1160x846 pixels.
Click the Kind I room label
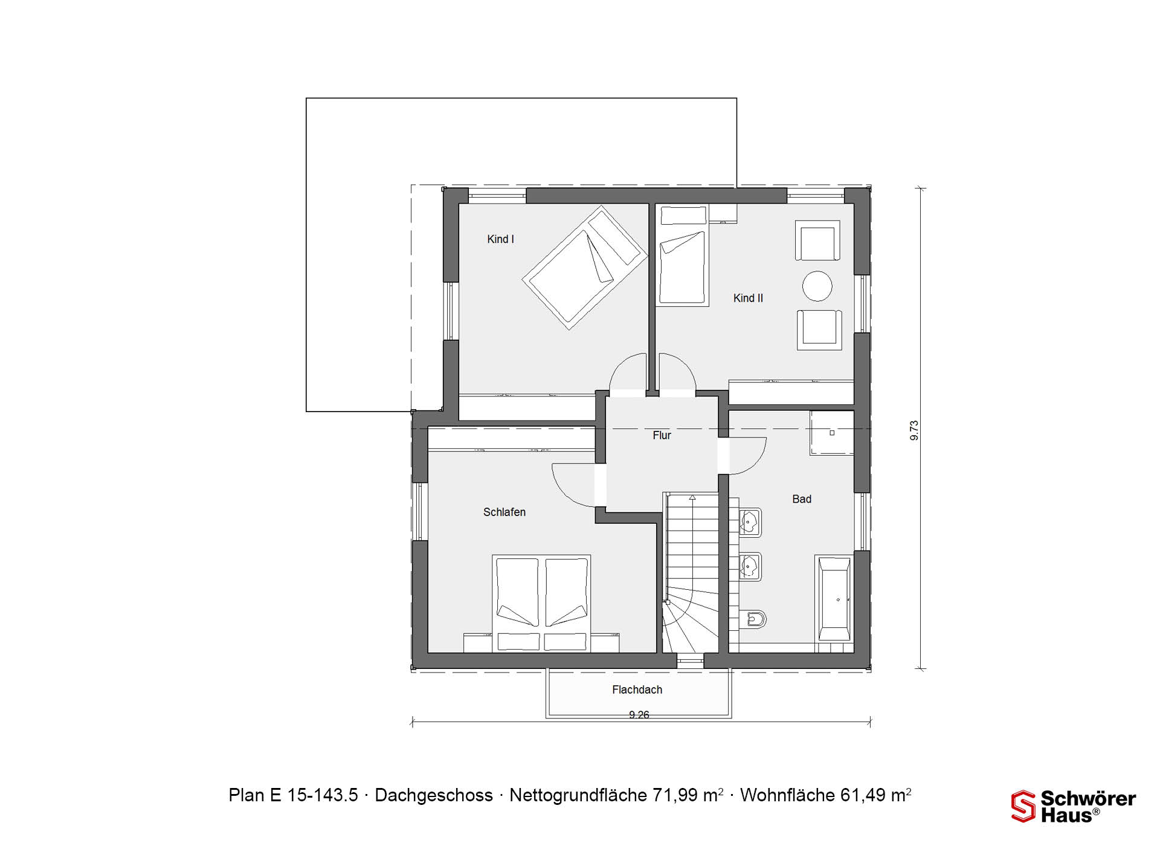pos(500,239)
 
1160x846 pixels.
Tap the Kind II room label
pos(748,298)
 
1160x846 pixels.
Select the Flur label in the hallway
pos(662,435)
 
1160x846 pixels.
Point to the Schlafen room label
pos(504,512)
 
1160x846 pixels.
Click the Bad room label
pos(802,499)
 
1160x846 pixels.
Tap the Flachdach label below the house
pos(637,689)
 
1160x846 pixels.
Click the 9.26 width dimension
pos(639,715)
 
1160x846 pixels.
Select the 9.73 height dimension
pos(914,430)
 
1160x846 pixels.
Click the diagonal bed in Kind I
pos(585,268)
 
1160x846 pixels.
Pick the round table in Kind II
pos(817,286)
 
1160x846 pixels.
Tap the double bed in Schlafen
pos(541,604)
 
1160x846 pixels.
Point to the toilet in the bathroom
pos(753,619)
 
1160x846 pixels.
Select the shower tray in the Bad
pos(832,433)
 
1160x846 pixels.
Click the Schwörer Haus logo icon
pos(1023,807)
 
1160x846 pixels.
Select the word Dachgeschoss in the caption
pos(434,795)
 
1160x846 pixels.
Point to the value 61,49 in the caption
pos(862,795)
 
